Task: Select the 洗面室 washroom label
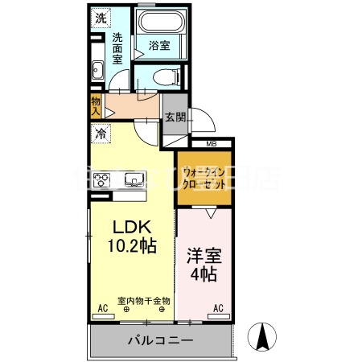117,48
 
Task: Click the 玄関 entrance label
175,116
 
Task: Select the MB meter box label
212,144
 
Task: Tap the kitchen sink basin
132,179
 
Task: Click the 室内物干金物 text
145,300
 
